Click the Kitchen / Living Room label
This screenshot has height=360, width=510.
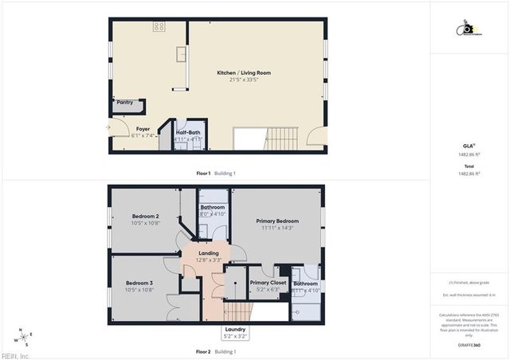coord(237,73)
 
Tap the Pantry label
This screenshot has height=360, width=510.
coord(125,102)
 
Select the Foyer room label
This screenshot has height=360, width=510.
coord(143,129)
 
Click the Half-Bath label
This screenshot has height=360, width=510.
coord(188,132)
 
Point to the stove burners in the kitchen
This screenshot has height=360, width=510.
coord(159,26)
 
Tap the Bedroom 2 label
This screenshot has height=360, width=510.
coord(146,216)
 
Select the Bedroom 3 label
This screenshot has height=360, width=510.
coord(139,283)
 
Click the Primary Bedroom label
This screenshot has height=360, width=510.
coord(277,221)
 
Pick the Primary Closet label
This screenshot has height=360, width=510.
coord(268,283)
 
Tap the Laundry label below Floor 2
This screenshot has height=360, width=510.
coord(236,329)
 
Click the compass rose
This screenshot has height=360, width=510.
coord(25,337)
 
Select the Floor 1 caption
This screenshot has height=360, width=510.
coord(203,173)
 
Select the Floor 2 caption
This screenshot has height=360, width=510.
coord(203,351)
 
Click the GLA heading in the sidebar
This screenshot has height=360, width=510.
coord(469,146)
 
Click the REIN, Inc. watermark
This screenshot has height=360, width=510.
coord(15,356)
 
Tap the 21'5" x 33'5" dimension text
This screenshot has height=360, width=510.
coord(237,80)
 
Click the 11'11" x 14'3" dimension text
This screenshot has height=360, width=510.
coord(277,228)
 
